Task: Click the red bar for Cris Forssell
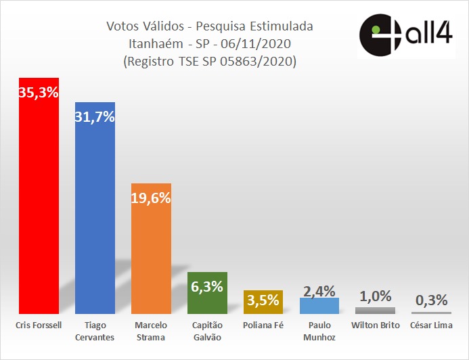pyautogui.click(x=39, y=203)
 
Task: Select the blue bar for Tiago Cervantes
pyautogui.click(x=95, y=217)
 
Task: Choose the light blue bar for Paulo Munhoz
pyautogui.click(x=319, y=306)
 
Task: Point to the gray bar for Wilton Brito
pyautogui.click(x=375, y=311)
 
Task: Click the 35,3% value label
pyautogui.click(x=39, y=92)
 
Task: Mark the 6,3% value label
pyautogui.click(x=207, y=286)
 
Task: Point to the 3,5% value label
pyautogui.click(x=263, y=299)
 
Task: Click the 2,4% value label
pyautogui.click(x=319, y=291)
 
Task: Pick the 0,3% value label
pyautogui.click(x=431, y=300)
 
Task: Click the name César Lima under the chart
pyautogui.click(x=431, y=325)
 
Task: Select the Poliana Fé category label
pyautogui.click(x=263, y=325)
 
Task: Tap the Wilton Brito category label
pyautogui.click(x=375, y=325)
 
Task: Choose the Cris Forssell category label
pyautogui.click(x=39, y=325)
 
